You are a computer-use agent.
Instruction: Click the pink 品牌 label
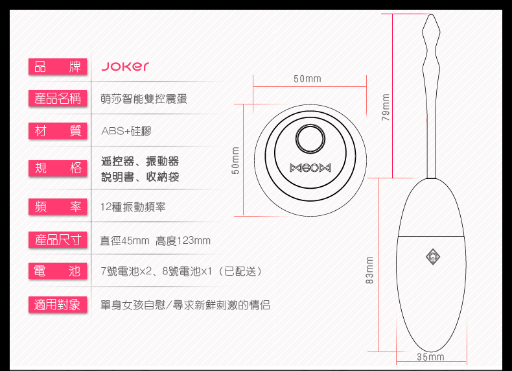[57, 66]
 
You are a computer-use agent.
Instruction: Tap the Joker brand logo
[125, 66]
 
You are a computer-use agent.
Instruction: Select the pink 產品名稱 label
[57, 99]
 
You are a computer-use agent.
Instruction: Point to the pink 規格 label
[57, 169]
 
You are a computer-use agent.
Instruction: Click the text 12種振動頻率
[133, 207]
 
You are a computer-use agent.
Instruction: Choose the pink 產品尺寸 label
[57, 240]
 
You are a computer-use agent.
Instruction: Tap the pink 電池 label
[57, 271]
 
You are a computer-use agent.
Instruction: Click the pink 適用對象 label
[57, 304]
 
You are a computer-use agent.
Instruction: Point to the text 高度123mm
[183, 241]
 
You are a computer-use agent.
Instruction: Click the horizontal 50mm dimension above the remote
[307, 79]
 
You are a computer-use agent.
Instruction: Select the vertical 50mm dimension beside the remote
[236, 160]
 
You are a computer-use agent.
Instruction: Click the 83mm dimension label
[370, 270]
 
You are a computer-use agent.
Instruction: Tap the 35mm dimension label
[430, 357]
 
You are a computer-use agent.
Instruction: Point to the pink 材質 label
[57, 131]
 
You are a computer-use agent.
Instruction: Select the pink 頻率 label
[57, 207]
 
